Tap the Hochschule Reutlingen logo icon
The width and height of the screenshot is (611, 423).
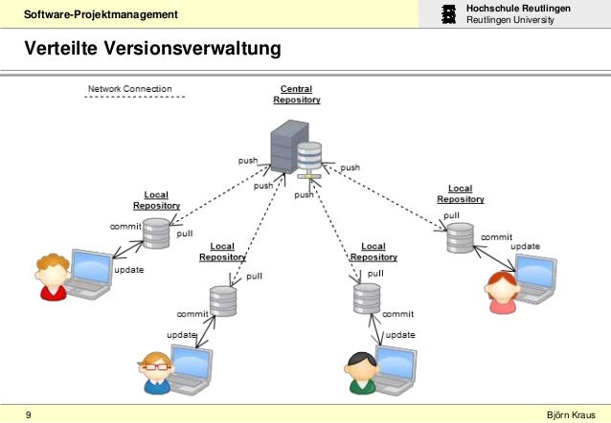(x=448, y=14)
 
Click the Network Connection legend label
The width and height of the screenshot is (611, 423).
(x=130, y=89)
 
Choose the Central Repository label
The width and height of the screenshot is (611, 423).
(x=297, y=94)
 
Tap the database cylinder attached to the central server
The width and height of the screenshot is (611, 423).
(x=308, y=155)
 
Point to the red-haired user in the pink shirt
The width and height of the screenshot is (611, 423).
(x=500, y=291)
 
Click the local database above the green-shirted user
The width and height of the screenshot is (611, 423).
(x=366, y=299)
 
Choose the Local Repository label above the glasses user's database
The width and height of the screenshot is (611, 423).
(x=222, y=252)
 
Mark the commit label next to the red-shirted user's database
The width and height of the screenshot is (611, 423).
(x=125, y=227)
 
